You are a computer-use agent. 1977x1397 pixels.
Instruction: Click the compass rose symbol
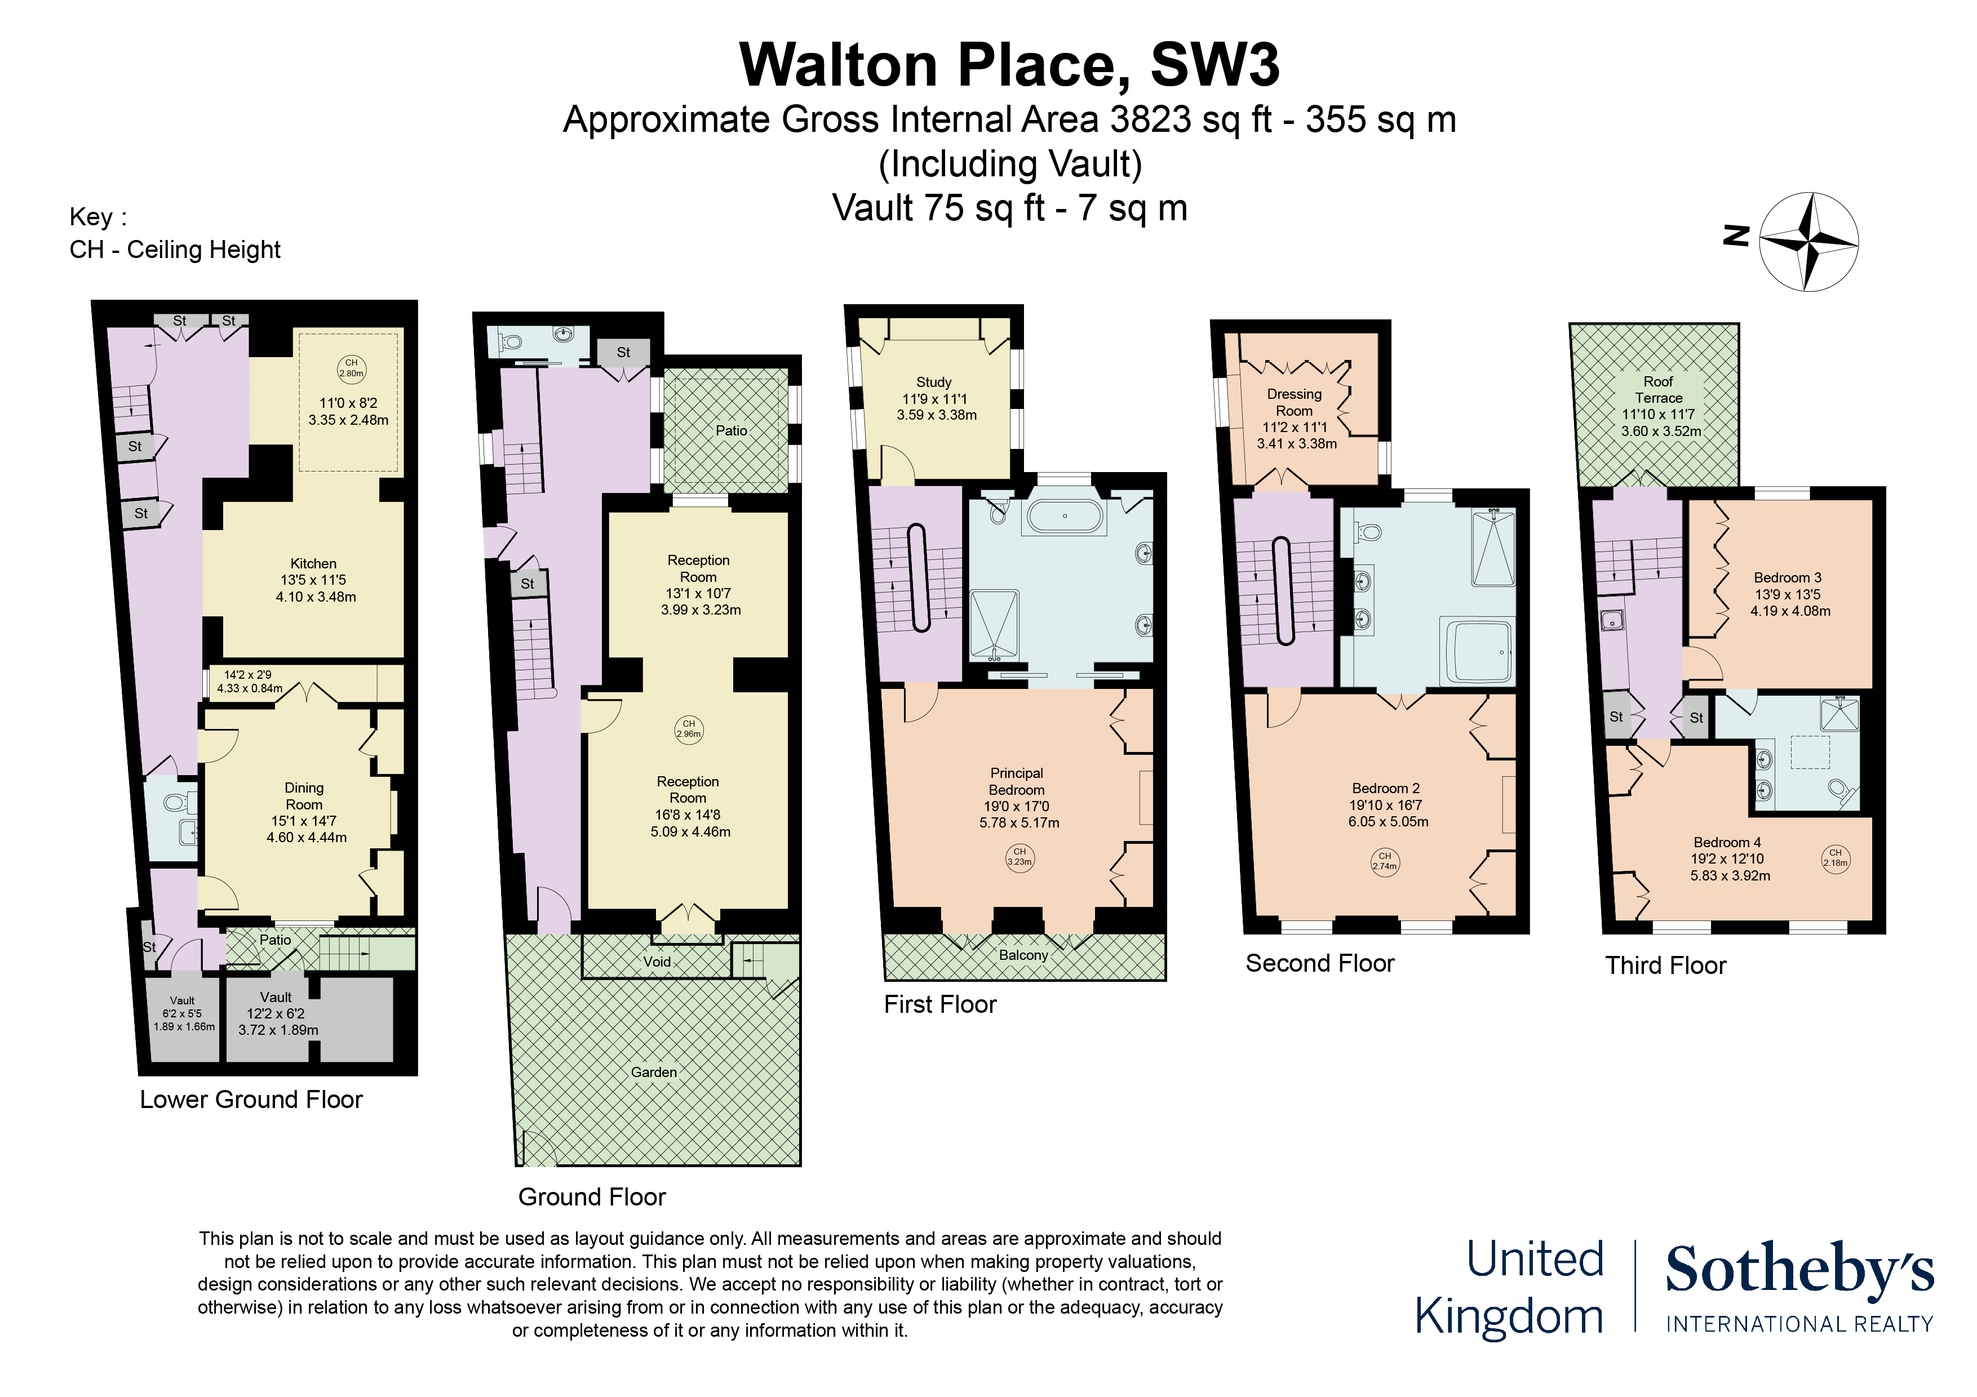[x=1808, y=241]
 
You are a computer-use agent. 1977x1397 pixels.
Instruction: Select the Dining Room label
[x=304, y=796]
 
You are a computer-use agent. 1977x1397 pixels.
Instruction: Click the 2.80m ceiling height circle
[x=351, y=368]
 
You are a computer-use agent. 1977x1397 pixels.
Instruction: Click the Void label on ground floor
[x=657, y=962]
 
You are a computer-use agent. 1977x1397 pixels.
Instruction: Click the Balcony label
[x=1023, y=955]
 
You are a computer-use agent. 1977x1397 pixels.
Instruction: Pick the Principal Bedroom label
[x=1017, y=781]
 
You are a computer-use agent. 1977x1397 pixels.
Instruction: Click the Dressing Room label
[x=1294, y=403]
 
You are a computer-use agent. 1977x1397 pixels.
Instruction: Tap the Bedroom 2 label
[x=1385, y=789]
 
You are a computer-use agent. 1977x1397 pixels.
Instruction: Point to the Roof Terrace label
[x=1659, y=390]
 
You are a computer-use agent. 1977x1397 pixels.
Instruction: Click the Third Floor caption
[x=1665, y=966]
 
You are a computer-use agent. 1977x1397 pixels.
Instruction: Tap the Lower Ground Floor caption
[x=251, y=1100]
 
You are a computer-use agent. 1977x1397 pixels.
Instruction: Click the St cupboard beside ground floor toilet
[x=623, y=352]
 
